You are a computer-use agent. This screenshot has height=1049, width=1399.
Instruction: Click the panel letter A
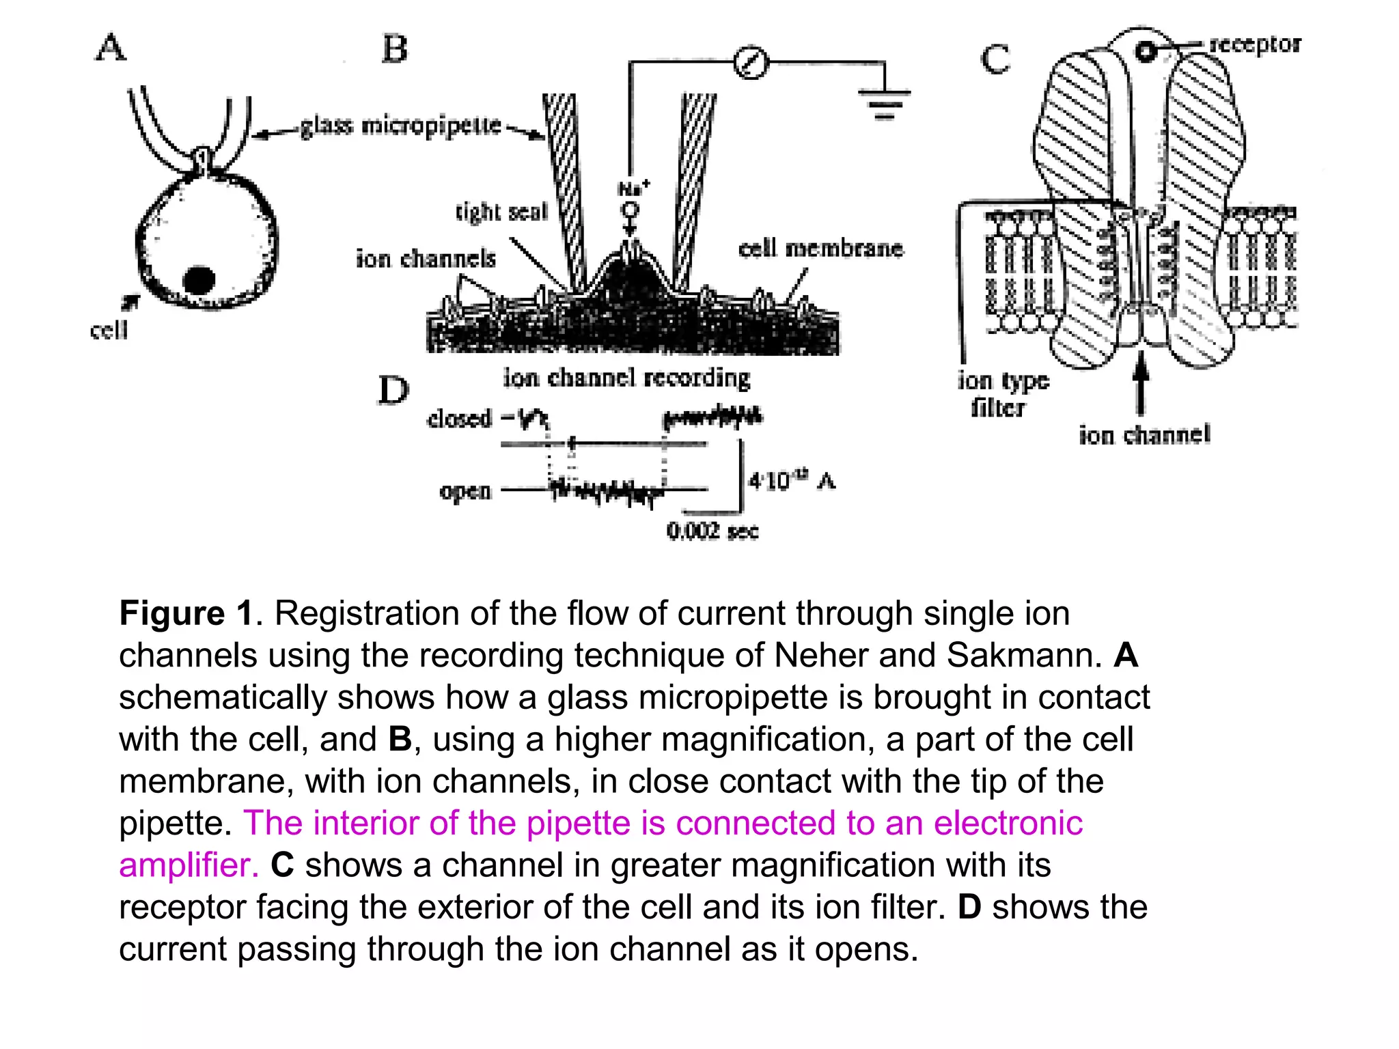point(111,48)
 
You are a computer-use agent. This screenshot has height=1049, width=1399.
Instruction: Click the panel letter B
point(395,50)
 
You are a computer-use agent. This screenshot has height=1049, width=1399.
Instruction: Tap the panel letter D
point(393,391)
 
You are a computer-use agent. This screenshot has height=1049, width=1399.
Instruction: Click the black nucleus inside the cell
point(199,279)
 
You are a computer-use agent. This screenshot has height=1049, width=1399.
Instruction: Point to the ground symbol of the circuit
point(884,102)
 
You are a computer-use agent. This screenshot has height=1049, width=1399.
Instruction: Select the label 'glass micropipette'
point(401,126)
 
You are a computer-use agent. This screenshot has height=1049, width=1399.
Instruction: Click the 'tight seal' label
point(502,212)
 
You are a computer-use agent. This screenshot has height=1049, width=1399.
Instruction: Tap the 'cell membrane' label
point(820,248)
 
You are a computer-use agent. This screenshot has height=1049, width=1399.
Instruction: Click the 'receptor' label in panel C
point(1255,44)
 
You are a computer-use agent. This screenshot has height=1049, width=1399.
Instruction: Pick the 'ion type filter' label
point(1001,394)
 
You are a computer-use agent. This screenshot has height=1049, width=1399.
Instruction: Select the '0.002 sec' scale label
point(712,531)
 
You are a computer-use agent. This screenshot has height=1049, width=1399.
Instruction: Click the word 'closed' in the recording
point(459,418)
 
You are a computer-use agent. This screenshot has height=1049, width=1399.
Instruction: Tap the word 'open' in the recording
point(465,491)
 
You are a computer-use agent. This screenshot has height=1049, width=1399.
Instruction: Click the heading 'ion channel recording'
point(626,377)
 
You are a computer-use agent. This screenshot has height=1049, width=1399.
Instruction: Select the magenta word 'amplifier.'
point(189,865)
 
